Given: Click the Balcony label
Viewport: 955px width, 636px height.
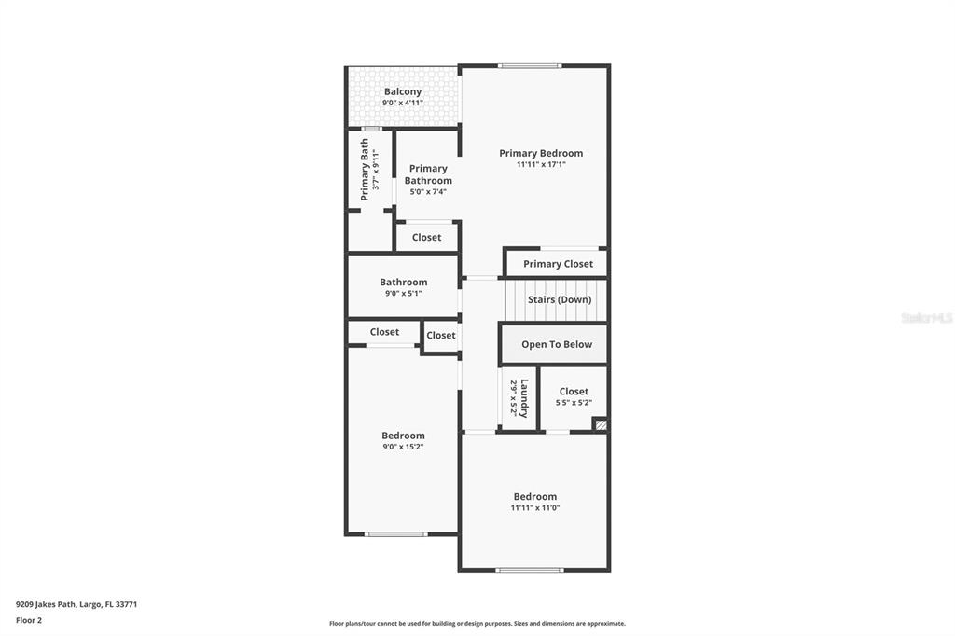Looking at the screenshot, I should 403,91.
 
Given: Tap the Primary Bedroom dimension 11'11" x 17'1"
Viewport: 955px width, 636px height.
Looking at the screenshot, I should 541,165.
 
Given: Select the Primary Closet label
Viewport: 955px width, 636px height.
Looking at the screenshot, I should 558,264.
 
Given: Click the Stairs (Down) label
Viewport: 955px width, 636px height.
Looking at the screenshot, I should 560,300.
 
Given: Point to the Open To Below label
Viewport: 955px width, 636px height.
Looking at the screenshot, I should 557,344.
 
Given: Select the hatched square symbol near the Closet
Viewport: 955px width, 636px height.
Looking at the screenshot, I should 601,425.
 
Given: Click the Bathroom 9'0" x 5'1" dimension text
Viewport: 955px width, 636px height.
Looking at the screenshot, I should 403,294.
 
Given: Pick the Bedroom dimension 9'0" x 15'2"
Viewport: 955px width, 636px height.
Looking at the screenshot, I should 403,447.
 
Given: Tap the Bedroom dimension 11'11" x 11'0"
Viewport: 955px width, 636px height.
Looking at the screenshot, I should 535,508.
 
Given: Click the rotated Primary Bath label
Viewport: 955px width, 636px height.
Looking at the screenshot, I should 365,170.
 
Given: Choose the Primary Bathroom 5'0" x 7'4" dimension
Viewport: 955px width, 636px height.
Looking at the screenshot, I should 428,192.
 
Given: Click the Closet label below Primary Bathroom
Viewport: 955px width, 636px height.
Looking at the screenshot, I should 426,237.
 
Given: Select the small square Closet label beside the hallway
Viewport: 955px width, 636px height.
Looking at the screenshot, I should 441,336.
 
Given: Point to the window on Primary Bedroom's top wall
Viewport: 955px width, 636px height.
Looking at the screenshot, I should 530,65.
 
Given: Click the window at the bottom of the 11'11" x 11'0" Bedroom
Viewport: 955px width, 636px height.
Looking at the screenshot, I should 530,570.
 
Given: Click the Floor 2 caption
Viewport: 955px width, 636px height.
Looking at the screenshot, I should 29,620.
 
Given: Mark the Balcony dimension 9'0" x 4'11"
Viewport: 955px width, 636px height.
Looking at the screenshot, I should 403,103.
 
